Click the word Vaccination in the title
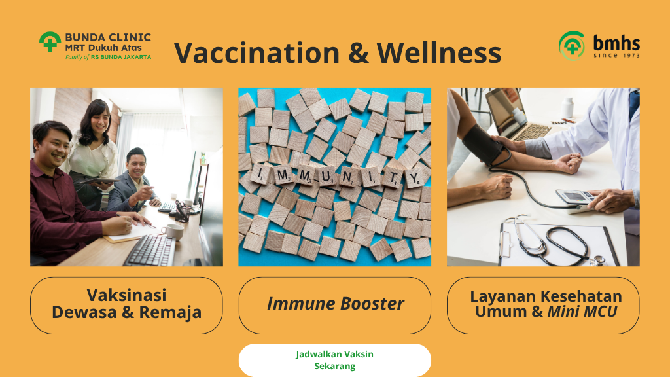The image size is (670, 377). pos(256,52)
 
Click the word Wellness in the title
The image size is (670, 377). pos(439,52)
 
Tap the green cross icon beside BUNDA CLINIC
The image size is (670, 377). pos(50,42)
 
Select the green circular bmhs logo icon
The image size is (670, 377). pos(572,45)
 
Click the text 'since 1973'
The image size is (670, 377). pos(616,56)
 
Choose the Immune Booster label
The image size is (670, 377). pos(335,304)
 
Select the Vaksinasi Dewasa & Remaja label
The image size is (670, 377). pos(126,304)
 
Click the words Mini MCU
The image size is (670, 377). pos(582,312)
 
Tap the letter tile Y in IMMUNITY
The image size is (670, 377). pos(414,177)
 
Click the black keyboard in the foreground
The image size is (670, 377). pos(150,251)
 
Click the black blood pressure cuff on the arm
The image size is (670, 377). pos(484,143)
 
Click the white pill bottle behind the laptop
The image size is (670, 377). pos(567,107)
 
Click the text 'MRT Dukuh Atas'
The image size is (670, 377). pos(103,48)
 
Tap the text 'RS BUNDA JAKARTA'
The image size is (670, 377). pos(121,56)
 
